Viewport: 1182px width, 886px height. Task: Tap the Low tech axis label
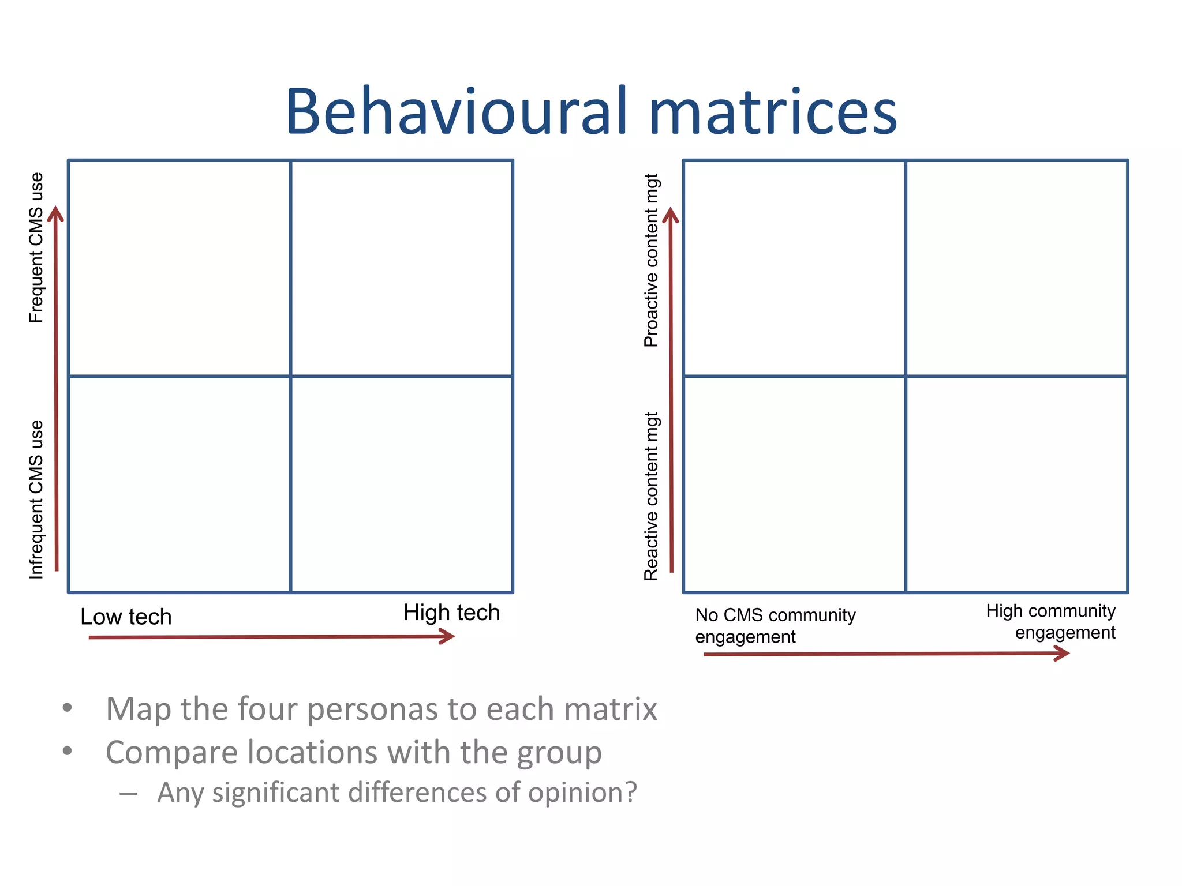[x=126, y=617]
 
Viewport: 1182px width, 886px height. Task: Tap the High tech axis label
[x=451, y=613]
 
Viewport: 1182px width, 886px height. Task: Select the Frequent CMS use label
[x=36, y=248]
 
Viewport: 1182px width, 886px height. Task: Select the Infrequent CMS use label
[x=36, y=500]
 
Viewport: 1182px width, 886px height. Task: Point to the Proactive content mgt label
[x=651, y=260]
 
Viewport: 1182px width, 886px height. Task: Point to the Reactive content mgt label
[x=651, y=496]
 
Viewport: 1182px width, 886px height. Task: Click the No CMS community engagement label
[x=775, y=626]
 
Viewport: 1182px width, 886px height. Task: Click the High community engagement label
[x=1050, y=621]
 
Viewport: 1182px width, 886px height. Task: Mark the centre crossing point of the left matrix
[x=290, y=376]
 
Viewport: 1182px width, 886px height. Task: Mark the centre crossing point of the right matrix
[x=906, y=376]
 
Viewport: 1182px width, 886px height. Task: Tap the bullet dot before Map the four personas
[x=68, y=707]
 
